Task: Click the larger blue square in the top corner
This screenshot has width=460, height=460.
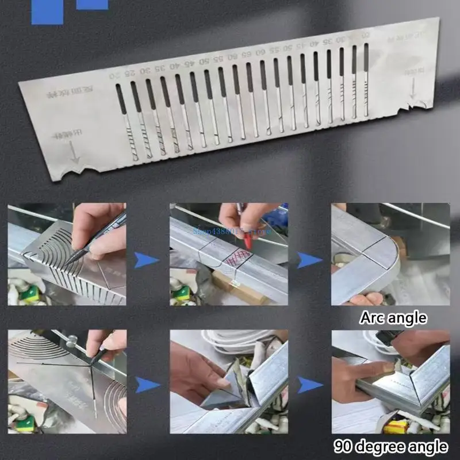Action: click(x=47, y=12)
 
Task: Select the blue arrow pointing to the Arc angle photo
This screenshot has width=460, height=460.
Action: click(x=309, y=260)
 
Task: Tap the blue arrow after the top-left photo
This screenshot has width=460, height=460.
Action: click(x=147, y=260)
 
